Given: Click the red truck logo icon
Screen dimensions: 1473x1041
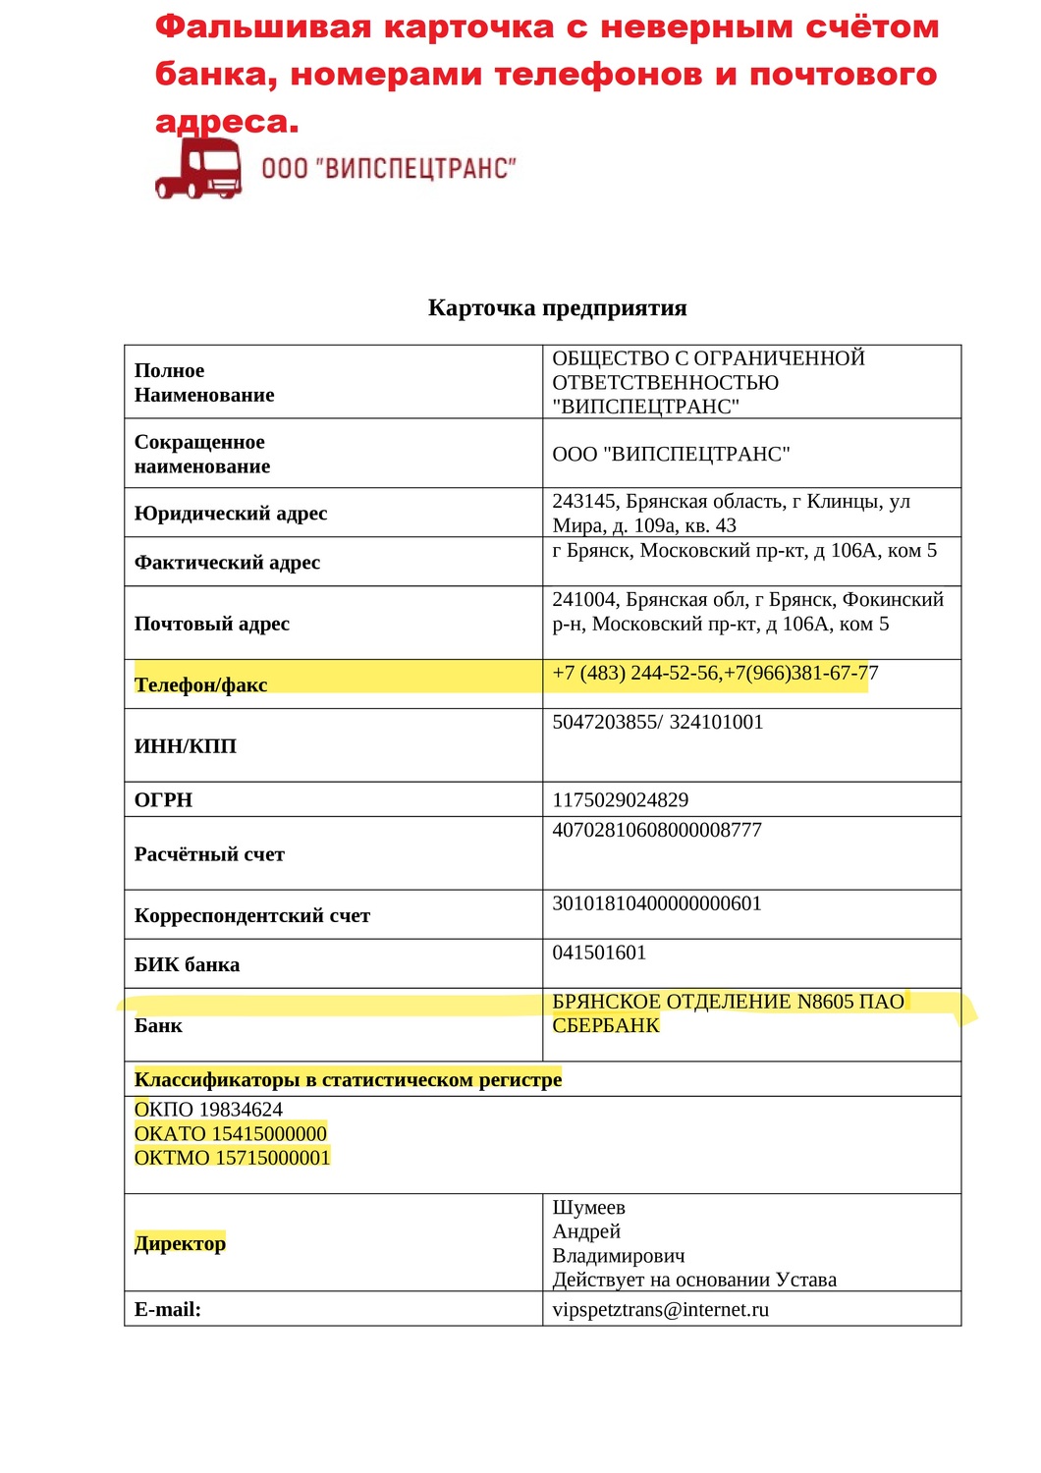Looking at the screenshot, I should click(x=199, y=169).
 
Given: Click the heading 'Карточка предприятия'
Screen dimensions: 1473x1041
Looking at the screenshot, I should click(x=557, y=308).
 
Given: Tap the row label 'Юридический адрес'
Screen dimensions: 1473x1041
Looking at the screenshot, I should click(x=231, y=514).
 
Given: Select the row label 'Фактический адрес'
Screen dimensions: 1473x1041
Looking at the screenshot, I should click(x=227, y=563).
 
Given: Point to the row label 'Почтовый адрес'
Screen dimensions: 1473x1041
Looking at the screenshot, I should click(x=212, y=624).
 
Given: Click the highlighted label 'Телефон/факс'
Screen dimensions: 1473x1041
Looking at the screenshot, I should click(x=200, y=684).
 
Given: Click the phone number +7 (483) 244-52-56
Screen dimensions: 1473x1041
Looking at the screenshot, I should click(x=635, y=674).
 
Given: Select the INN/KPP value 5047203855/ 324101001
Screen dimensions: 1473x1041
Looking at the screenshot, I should click(x=657, y=723).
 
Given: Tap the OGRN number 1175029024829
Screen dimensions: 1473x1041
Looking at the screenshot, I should click(x=621, y=800).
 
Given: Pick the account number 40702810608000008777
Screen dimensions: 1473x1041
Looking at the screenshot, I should click(x=657, y=831).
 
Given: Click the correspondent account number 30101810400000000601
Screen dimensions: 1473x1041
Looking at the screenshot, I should click(x=657, y=904).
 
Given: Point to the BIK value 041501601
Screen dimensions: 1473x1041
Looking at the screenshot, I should click(x=599, y=954).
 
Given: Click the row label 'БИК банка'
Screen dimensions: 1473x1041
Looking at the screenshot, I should click(x=187, y=965).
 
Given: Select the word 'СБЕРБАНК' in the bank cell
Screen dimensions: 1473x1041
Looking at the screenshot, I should click(x=606, y=1026).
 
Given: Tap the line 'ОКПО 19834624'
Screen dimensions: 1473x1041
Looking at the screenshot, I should click(x=208, y=1110).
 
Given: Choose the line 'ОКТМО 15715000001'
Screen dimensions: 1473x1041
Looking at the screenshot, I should click(x=232, y=1158).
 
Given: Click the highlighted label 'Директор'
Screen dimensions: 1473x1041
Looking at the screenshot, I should click(x=180, y=1244).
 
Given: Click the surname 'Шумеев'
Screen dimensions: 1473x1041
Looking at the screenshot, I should click(x=588, y=1208).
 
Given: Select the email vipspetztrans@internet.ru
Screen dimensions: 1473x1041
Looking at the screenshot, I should click(x=660, y=1310).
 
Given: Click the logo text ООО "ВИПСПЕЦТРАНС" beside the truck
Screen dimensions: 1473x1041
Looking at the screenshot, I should click(x=389, y=169).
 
